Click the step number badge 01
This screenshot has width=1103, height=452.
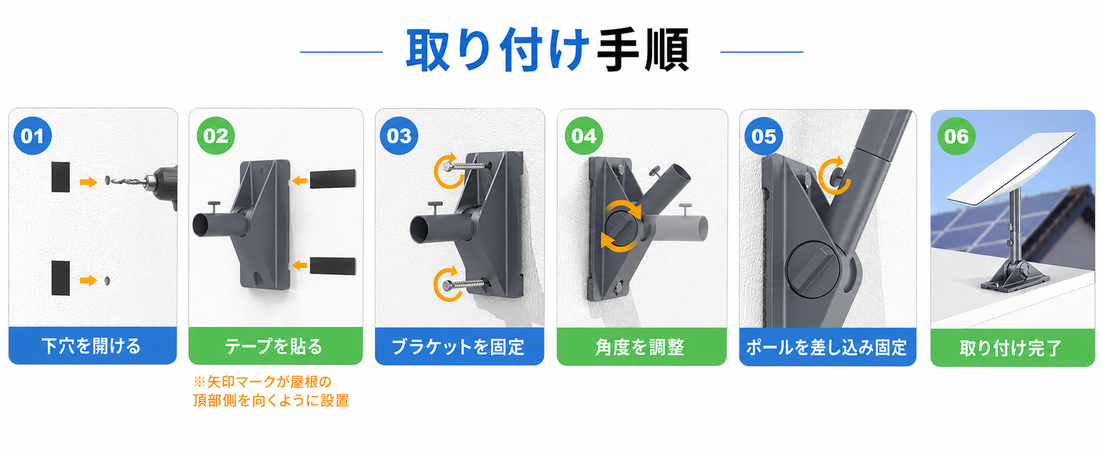[32, 136]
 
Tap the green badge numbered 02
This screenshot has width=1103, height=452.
[216, 136]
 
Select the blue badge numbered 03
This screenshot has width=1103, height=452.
[399, 136]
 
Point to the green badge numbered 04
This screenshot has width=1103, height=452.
[584, 136]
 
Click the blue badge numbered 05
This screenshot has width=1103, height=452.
[764, 136]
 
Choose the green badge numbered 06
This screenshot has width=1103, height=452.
[956, 136]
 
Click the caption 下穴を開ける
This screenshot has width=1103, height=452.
[91, 346]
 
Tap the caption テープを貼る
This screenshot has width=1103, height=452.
[274, 347]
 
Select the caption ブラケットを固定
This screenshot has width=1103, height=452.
[458, 347]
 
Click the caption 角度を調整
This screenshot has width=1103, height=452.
[640, 347]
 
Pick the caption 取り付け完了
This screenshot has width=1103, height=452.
[1011, 348]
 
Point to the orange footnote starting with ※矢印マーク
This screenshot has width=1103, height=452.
[271, 391]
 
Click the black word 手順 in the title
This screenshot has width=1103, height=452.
[643, 51]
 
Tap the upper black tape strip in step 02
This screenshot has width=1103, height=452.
[333, 178]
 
